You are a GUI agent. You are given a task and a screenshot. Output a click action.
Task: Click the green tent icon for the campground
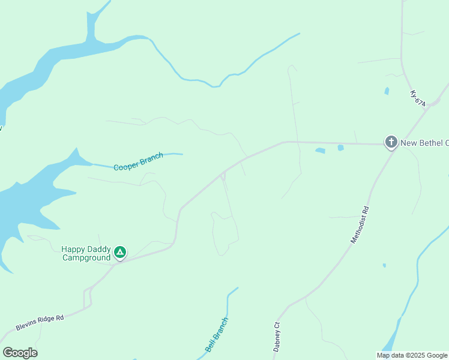point(120,253)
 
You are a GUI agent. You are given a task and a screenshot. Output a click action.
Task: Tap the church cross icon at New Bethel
point(391,142)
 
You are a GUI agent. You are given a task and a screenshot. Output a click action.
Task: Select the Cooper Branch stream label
point(138,162)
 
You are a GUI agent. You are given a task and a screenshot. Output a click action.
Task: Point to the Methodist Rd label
point(361,224)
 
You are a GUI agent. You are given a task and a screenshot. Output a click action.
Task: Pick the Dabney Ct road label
point(277,337)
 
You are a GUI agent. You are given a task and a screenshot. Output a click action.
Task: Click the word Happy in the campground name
point(74,249)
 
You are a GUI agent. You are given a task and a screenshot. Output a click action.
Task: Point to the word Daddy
point(100,249)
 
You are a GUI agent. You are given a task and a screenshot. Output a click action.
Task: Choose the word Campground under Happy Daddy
point(86,258)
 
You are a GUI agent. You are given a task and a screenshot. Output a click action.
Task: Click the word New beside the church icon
point(409,143)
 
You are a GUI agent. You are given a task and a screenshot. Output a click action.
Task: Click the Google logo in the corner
point(20,352)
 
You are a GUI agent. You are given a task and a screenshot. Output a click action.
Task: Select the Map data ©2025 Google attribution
point(412,355)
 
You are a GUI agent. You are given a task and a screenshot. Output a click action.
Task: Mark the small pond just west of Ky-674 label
point(387,91)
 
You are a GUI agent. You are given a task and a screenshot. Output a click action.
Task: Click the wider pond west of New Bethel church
point(320,150)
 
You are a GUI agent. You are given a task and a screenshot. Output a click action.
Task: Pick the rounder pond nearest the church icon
point(340,148)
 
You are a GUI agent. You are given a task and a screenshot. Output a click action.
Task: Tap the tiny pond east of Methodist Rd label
point(384,265)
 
